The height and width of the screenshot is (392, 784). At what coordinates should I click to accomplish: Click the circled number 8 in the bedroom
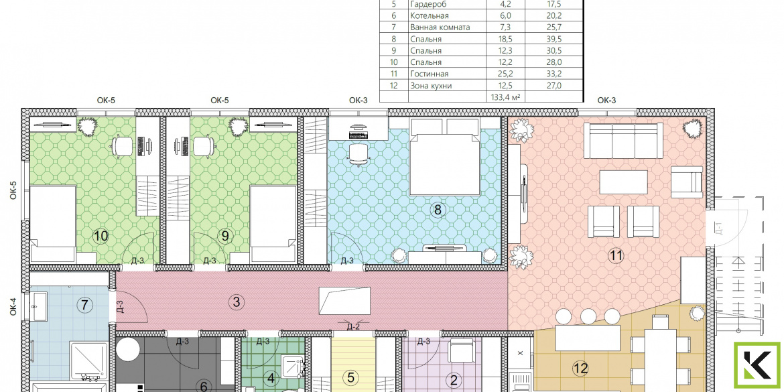tap(438, 210)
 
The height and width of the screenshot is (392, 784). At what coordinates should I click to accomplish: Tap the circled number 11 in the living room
tap(616, 256)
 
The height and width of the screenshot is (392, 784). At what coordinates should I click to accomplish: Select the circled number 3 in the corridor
tap(236, 302)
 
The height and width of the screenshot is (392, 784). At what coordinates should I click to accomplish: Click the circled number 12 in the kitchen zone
tap(580, 369)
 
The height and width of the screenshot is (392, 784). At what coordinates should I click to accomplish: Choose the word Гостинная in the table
tap(429, 74)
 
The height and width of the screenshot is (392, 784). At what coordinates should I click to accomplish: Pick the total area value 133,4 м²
tap(507, 97)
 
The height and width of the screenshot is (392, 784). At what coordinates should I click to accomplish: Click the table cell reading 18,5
tap(507, 39)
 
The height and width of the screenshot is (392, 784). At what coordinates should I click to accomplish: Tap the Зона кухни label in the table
tap(430, 86)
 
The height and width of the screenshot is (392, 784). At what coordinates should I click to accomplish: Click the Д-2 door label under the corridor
tap(353, 327)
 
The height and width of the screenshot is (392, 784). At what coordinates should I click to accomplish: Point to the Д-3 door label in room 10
tap(139, 261)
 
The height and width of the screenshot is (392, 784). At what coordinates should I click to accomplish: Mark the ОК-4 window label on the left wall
tap(13, 306)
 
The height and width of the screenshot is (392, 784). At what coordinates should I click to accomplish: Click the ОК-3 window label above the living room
tap(606, 101)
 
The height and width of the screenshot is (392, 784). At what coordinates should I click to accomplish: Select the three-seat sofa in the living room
tap(623, 141)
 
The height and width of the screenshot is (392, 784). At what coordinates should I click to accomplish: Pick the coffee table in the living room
tap(623, 182)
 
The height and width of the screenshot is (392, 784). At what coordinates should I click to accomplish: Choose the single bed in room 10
tap(54, 223)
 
